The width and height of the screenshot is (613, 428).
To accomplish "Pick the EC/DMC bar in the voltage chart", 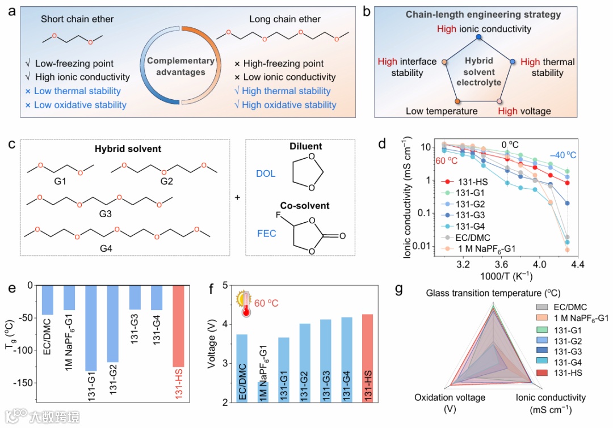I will click(x=242, y=368).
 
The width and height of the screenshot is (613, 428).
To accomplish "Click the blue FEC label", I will click(x=266, y=233).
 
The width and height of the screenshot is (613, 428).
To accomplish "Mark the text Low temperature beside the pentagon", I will click(x=442, y=111).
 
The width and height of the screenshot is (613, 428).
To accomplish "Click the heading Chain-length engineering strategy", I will click(x=483, y=14).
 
